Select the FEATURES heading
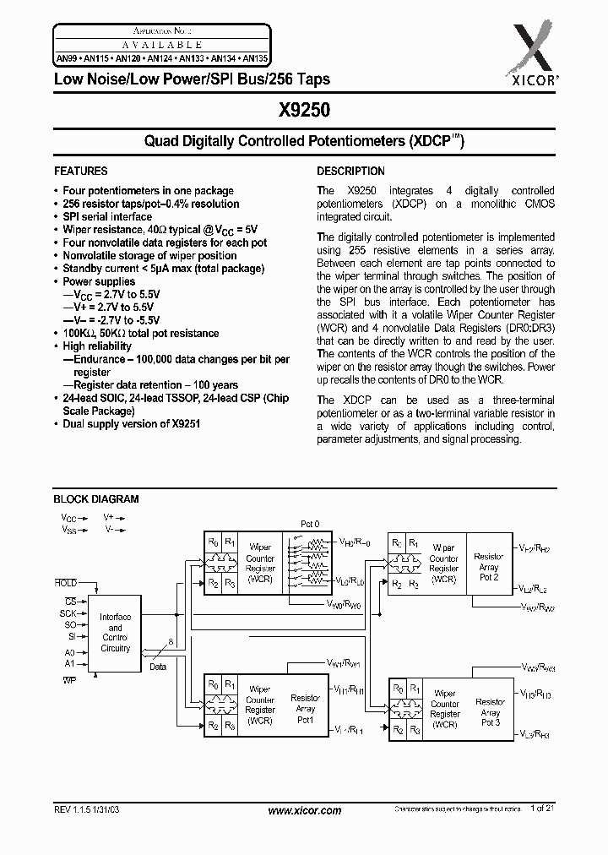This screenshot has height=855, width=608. (x=80, y=171)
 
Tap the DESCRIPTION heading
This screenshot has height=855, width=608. (x=350, y=171)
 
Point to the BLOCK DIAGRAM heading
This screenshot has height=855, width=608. (x=95, y=499)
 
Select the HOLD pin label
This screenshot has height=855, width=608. (x=65, y=583)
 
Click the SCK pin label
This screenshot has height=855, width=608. (x=68, y=613)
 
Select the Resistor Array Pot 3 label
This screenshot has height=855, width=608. (x=490, y=712)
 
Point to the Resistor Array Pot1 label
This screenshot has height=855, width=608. (x=305, y=709)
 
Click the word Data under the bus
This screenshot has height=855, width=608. (x=159, y=666)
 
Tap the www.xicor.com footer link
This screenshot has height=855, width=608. (x=304, y=810)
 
